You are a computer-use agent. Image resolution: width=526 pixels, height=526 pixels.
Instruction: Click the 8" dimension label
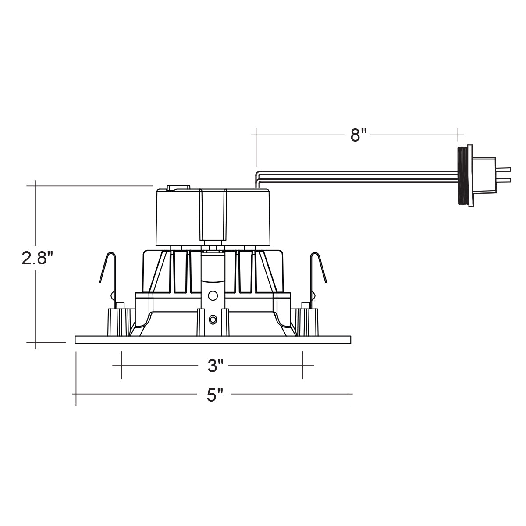(359, 135)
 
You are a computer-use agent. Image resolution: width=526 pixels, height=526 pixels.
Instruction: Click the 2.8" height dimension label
(37, 258)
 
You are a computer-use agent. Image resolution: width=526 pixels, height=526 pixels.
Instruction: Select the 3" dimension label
(216, 366)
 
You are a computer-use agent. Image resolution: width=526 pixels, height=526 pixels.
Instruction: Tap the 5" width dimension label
(215, 395)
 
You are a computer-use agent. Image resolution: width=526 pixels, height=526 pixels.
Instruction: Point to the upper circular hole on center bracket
(213, 296)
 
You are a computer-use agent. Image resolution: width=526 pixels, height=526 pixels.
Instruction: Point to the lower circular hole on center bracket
(213, 320)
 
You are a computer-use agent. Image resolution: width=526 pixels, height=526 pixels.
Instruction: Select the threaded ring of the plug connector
(461, 176)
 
